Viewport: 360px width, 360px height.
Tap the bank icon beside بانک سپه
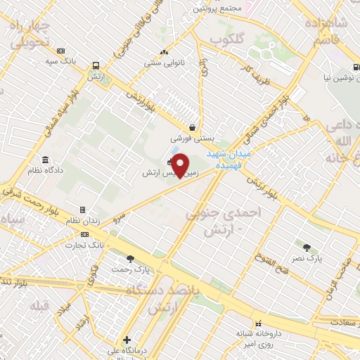[61, 51]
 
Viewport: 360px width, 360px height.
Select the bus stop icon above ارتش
[94, 66]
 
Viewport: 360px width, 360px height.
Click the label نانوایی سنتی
[164, 63]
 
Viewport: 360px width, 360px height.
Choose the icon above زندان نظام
[83, 210]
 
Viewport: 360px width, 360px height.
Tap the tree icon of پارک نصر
[307, 247]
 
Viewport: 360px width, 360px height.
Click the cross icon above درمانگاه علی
[127, 340]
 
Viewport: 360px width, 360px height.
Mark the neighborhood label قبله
[36, 306]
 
